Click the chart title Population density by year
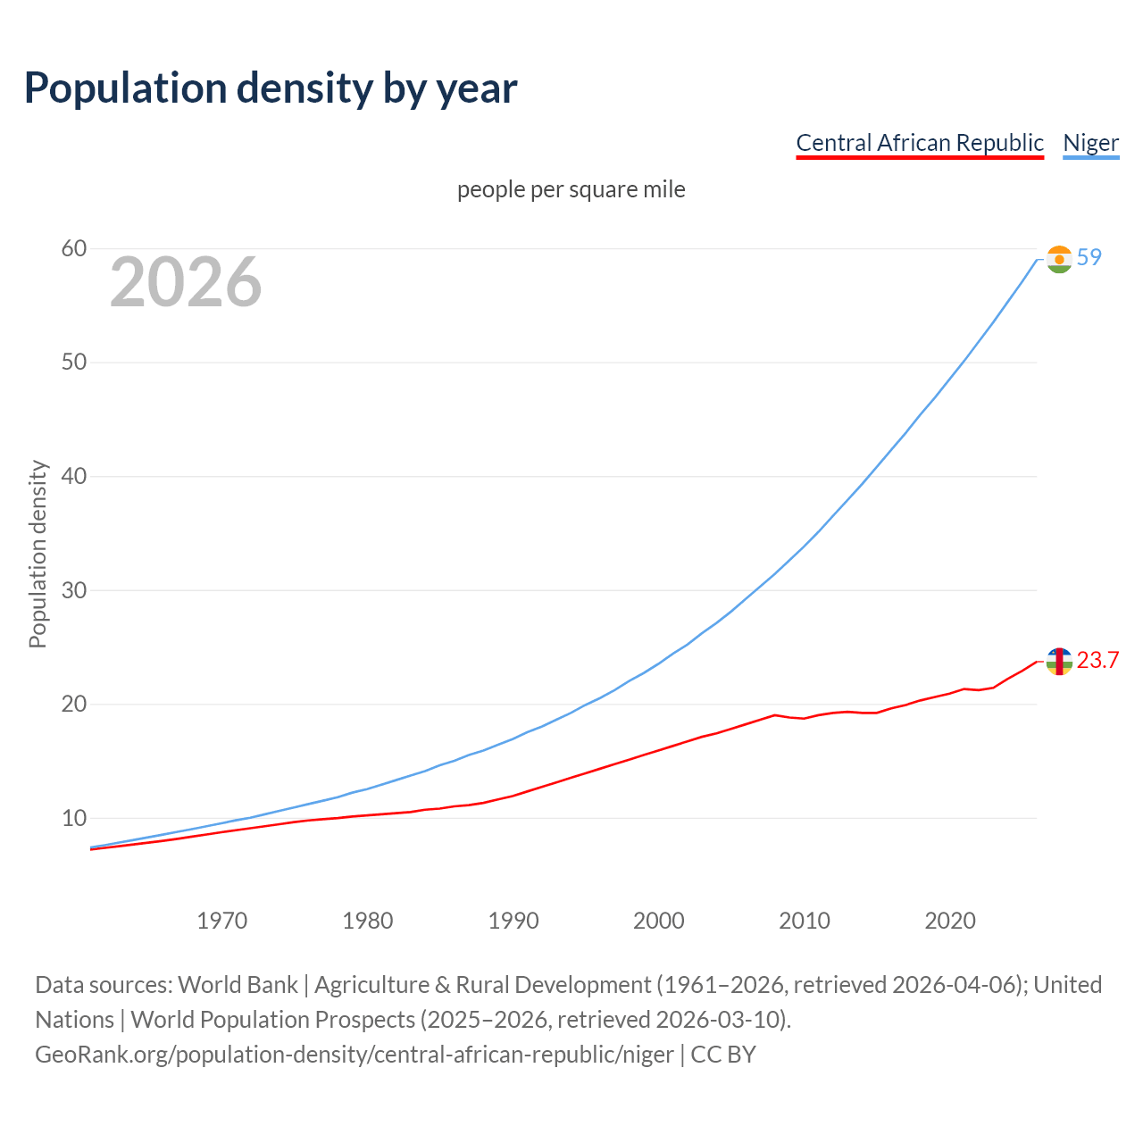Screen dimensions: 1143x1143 click(271, 88)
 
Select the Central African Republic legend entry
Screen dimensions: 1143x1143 click(919, 143)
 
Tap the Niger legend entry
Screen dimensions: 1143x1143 click(1090, 143)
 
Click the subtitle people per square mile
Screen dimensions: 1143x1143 click(571, 190)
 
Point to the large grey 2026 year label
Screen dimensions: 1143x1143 click(186, 282)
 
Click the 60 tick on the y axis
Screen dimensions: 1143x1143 click(74, 249)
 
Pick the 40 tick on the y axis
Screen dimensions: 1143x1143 click(74, 477)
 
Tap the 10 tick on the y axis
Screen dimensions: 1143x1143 click(74, 818)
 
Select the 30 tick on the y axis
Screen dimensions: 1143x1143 click(74, 590)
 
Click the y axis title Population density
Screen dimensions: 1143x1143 click(38, 554)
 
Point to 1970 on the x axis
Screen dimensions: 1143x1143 click(221, 921)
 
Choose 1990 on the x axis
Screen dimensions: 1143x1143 click(513, 921)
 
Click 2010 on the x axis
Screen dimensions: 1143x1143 click(805, 921)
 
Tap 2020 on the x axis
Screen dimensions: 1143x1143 click(950, 921)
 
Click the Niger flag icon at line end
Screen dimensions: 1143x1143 click(1059, 260)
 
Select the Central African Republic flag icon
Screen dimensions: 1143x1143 click(1059, 662)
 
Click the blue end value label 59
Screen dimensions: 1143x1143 click(1089, 258)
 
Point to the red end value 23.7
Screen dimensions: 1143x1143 click(1097, 661)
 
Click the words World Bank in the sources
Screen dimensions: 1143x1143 click(238, 985)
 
